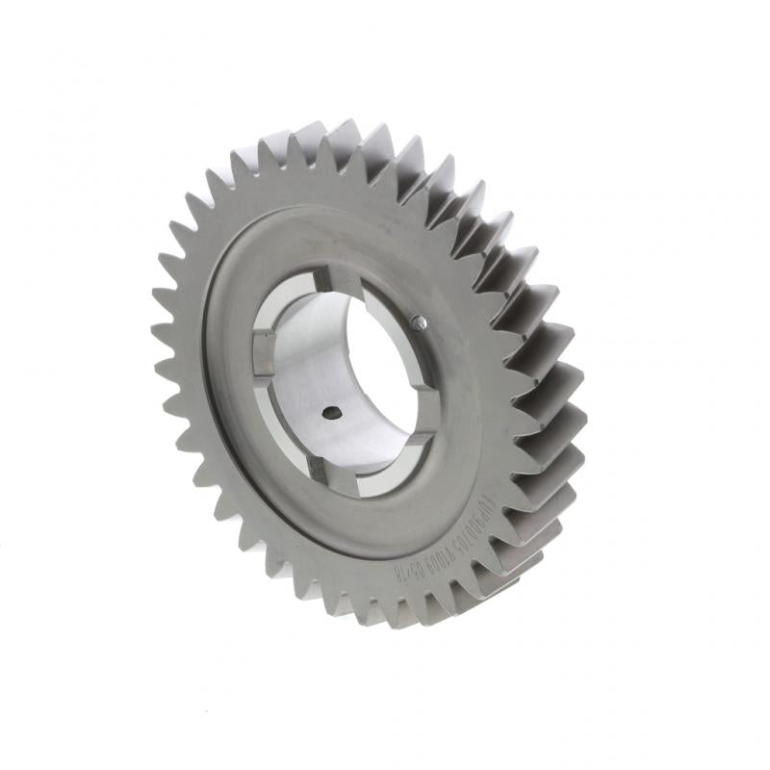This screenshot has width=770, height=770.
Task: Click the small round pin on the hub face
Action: click(x=421, y=323)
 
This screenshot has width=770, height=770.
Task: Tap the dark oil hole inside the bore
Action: click(x=329, y=413)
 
